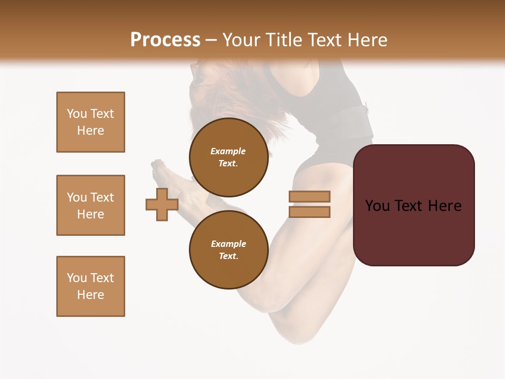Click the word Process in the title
coord(165,39)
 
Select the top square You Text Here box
coord(90,122)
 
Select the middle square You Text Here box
coord(90,205)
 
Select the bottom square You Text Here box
coord(90,286)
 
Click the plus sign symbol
coord(162,204)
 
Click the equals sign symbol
coord(309,204)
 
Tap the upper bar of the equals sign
coord(309,197)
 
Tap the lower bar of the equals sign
coord(309,212)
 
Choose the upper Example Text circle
coord(228,157)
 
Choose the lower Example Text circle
coord(228,250)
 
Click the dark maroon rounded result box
coord(413,205)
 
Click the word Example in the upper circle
coord(228,151)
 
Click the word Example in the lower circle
coord(228,244)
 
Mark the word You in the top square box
coord(77,114)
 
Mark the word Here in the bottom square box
coord(90,295)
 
